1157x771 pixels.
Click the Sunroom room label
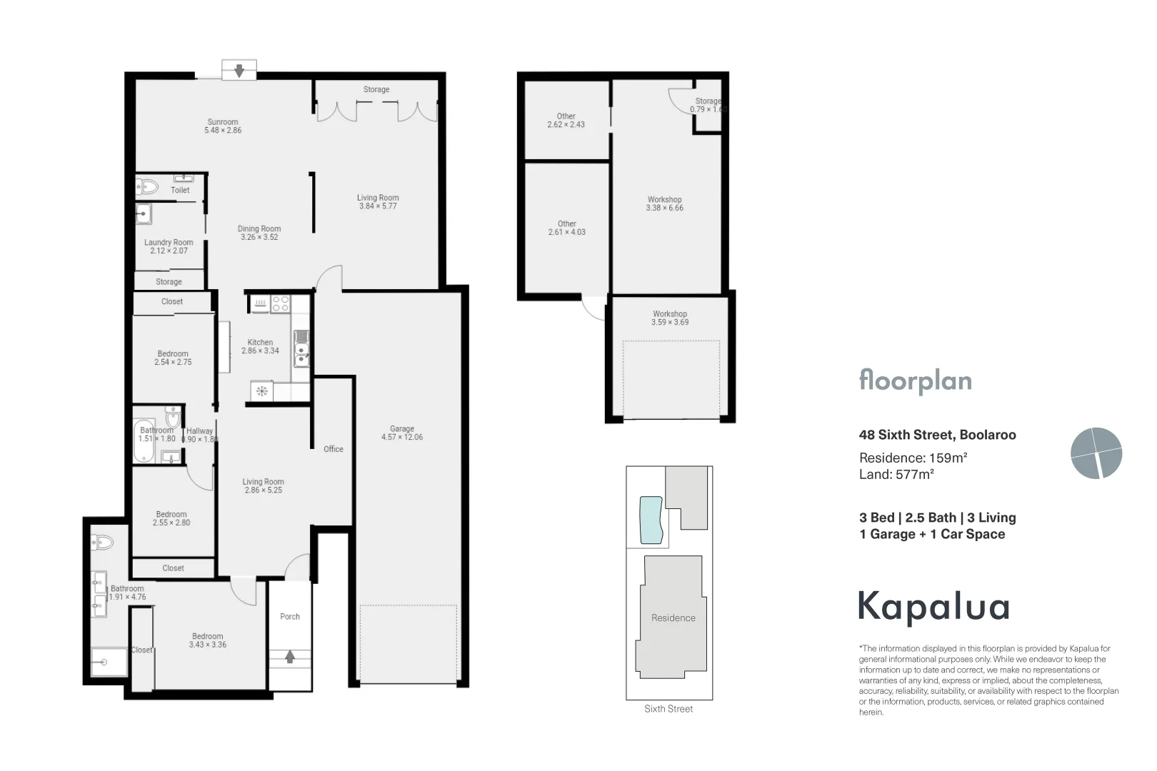click(x=223, y=122)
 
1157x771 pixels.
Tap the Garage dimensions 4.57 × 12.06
click(x=402, y=438)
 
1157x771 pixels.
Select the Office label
click(x=334, y=449)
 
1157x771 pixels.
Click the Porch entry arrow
click(x=290, y=657)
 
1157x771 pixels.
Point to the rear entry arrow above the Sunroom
click(x=239, y=71)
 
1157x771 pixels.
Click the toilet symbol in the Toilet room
click(x=148, y=188)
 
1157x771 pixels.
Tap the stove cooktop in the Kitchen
click(x=280, y=304)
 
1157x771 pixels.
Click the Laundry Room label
click(x=169, y=243)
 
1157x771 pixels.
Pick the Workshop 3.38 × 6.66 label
click(x=665, y=204)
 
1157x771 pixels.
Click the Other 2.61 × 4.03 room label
click(x=567, y=228)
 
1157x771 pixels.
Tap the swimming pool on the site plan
click(x=651, y=519)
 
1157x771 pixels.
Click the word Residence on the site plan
click(x=673, y=618)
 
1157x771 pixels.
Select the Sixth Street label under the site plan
click(x=668, y=709)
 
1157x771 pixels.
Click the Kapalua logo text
click(x=933, y=607)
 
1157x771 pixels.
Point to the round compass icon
click(x=1096, y=453)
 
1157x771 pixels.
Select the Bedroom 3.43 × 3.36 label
click(x=208, y=640)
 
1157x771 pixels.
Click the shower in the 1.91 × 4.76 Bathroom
click(x=109, y=662)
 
